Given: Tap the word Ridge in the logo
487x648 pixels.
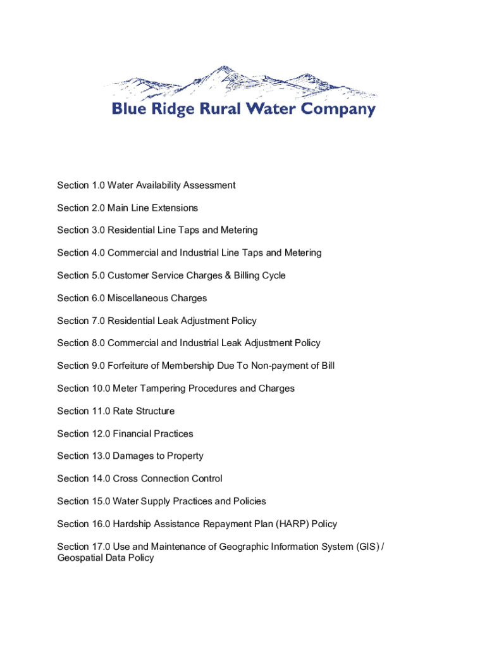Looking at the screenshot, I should (176, 109).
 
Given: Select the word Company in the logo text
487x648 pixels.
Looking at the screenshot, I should (338, 109).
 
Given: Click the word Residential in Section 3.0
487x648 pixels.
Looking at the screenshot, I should (133, 230).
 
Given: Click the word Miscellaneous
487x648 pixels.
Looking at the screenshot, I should (138, 298).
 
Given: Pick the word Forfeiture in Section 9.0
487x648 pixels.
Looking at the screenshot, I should (130, 366).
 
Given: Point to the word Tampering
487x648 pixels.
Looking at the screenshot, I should (169, 389).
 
